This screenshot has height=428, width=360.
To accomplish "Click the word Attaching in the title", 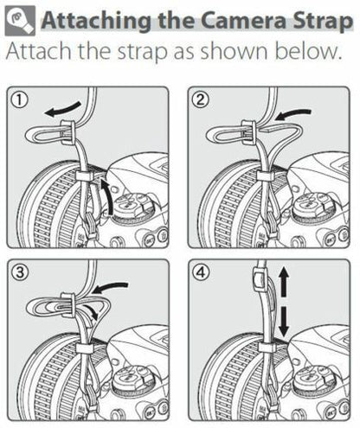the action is [96, 21].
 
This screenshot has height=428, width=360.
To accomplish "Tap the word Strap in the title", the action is [323, 22].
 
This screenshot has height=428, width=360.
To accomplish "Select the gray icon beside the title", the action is [20, 21].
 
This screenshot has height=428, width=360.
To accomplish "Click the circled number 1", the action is [20, 100].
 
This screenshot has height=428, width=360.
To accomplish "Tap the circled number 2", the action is [201, 99].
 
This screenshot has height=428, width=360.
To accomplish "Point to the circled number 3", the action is [20, 272].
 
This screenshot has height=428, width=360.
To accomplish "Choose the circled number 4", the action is [201, 271].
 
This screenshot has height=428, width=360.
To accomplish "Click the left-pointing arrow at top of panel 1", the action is [62, 109].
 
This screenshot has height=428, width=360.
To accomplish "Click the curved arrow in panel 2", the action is [292, 114].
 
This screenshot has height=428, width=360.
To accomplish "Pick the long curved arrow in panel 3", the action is [111, 287].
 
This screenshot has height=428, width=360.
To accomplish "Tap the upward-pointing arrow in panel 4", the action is [284, 281].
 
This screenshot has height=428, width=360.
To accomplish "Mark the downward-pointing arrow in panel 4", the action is [284, 322].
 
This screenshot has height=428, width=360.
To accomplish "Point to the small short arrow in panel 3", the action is [93, 312].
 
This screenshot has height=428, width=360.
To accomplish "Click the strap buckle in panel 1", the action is [67, 131].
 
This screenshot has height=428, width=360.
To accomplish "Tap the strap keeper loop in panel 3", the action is [85, 348].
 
